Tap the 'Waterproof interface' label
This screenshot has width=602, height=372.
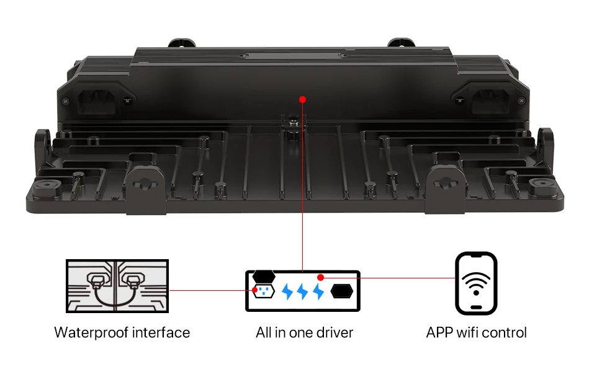[x=122, y=332]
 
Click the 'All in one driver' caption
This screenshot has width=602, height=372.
[x=305, y=332]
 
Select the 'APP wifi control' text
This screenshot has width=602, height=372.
[x=476, y=332]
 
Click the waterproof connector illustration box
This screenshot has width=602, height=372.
[x=117, y=286]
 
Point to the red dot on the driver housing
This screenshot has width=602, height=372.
[x=302, y=100]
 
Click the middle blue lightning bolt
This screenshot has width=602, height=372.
[x=302, y=291]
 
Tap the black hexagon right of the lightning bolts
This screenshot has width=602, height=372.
[x=342, y=291]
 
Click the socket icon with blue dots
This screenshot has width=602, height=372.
[x=264, y=291]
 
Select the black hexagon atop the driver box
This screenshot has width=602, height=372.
[x=264, y=275]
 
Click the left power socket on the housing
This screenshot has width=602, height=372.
[x=96, y=101]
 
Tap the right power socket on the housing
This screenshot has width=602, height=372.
[x=490, y=101]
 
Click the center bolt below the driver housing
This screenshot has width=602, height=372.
[x=294, y=123]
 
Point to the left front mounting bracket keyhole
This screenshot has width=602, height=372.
[x=145, y=184]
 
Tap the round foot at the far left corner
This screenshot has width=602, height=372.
[x=47, y=184]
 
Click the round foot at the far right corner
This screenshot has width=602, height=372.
[x=542, y=184]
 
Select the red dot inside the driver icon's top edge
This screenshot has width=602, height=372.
[x=321, y=277]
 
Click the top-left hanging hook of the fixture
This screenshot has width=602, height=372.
[x=182, y=42]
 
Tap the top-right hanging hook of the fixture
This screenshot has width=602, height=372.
[x=401, y=42]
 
